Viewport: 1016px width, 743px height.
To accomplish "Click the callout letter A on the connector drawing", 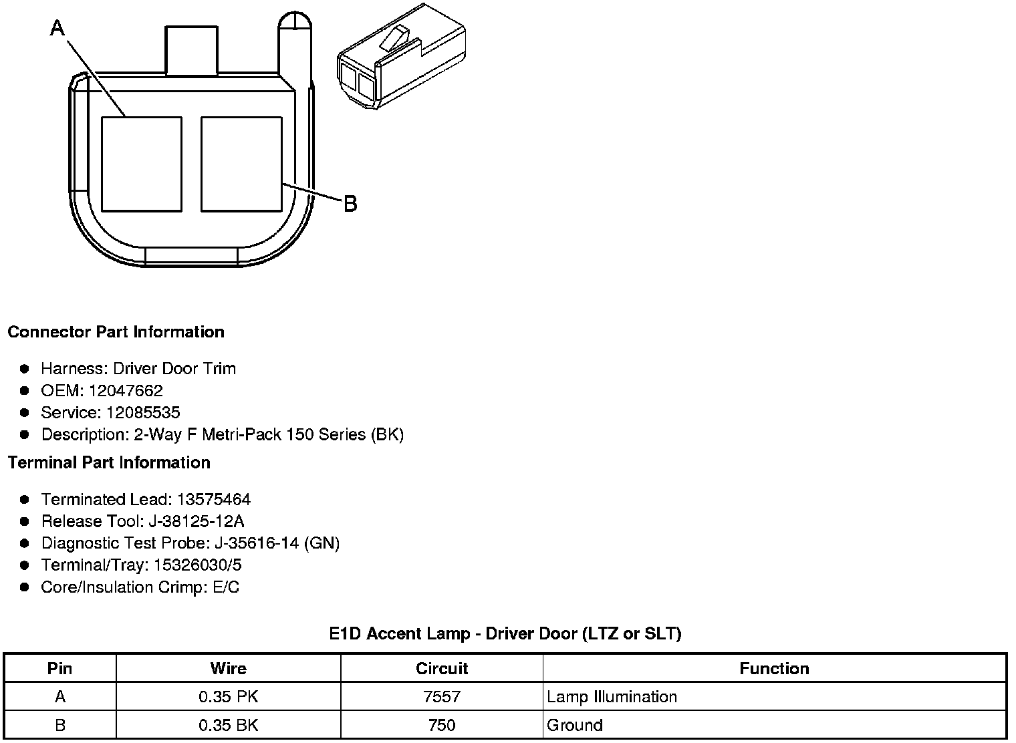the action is [x=57, y=28].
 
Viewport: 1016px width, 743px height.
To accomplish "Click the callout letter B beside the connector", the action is [x=350, y=204].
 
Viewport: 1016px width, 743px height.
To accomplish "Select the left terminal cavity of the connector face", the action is [x=142, y=164].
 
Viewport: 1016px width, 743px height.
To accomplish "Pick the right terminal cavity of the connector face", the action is [x=241, y=164].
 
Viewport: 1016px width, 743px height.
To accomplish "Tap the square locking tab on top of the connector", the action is [x=191, y=50].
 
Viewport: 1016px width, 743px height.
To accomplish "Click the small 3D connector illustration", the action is [x=401, y=56].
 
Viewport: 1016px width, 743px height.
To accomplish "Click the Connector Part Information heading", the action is [x=116, y=332].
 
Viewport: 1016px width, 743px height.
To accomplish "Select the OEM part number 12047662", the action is [x=125, y=390].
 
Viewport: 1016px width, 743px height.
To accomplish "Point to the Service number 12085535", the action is [x=143, y=412].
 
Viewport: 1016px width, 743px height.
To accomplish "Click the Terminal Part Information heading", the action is [x=109, y=462].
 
